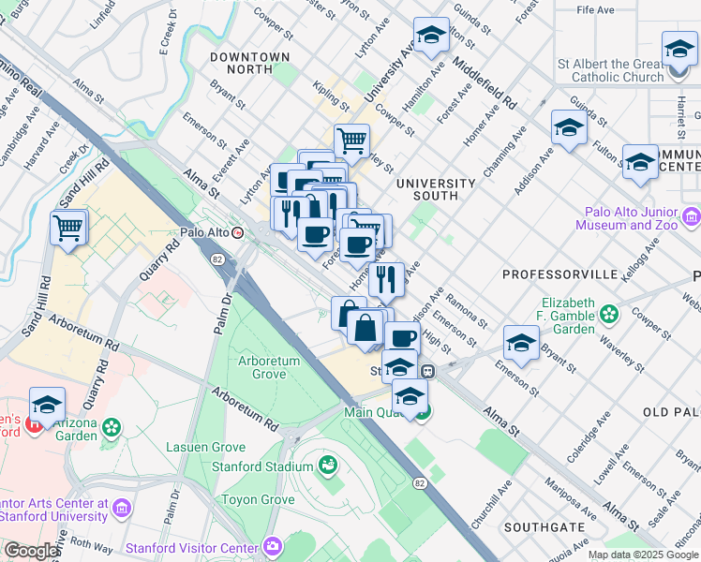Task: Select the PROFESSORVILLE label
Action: click(559, 274)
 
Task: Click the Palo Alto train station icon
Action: click(238, 233)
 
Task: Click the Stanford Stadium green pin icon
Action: click(328, 465)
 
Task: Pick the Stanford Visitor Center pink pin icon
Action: click(272, 545)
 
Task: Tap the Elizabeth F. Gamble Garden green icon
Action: click(610, 313)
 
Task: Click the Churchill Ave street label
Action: click(487, 506)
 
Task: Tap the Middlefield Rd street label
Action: click(485, 81)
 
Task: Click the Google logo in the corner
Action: click(31, 551)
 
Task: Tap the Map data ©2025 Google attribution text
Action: click(642, 555)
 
